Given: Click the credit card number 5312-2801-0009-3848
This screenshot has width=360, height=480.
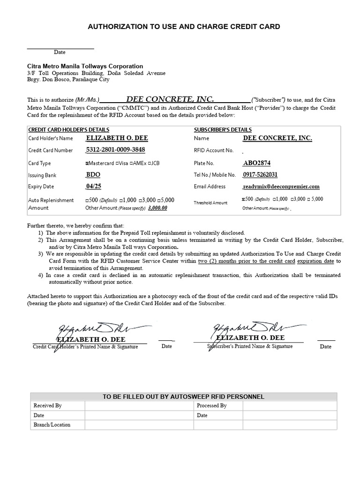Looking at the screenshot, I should point(115,150).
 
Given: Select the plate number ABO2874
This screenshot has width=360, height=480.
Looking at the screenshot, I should point(256,163).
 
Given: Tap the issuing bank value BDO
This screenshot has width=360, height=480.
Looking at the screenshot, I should point(93,174).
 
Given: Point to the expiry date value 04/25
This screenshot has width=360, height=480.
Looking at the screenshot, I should point(93,186).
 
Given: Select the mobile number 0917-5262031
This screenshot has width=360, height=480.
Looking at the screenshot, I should point(260,174).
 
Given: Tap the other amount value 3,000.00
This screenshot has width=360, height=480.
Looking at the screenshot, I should point(157,208).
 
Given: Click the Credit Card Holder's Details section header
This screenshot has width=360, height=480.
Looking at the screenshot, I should point(69,130).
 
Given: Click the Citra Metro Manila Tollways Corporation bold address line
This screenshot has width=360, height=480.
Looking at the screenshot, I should point(85,67).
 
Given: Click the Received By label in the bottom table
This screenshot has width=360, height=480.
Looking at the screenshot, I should point(47,406).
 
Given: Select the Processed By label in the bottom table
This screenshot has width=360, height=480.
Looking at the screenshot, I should point(211,406).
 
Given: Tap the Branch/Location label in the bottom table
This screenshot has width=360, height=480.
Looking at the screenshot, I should point(52,425).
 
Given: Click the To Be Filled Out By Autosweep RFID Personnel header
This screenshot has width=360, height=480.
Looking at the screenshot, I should point(183,397).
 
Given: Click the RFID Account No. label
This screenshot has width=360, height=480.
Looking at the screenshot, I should point(213,150).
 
